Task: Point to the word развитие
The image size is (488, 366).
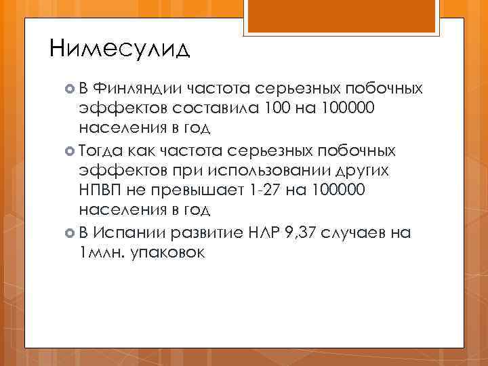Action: [208, 233]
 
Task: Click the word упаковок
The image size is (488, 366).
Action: [165, 253]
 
